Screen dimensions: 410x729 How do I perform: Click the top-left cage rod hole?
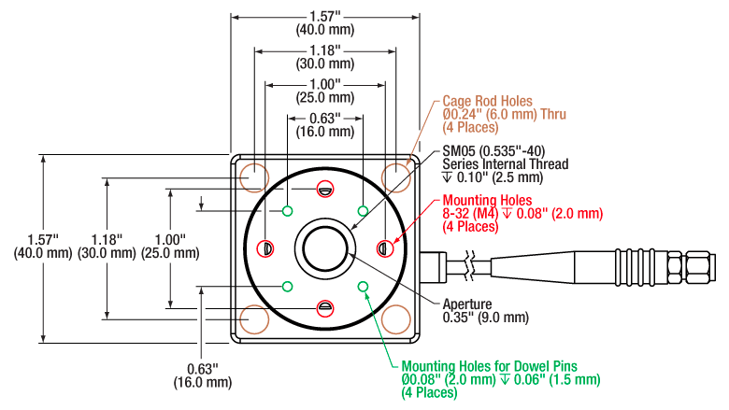(252, 177)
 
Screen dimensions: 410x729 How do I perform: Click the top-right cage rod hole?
(396, 177)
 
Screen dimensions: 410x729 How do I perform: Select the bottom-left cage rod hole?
(252, 319)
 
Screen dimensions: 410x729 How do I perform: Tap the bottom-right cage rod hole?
(396, 319)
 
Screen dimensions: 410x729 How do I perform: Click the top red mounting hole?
(324, 189)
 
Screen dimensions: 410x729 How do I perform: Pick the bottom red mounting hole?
(324, 307)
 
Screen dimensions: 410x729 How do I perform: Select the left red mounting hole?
(265, 248)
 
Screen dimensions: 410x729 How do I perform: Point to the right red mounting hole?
(383, 248)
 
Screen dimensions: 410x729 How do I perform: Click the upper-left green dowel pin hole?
(288, 210)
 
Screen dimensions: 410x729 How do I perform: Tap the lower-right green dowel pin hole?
(362, 286)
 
